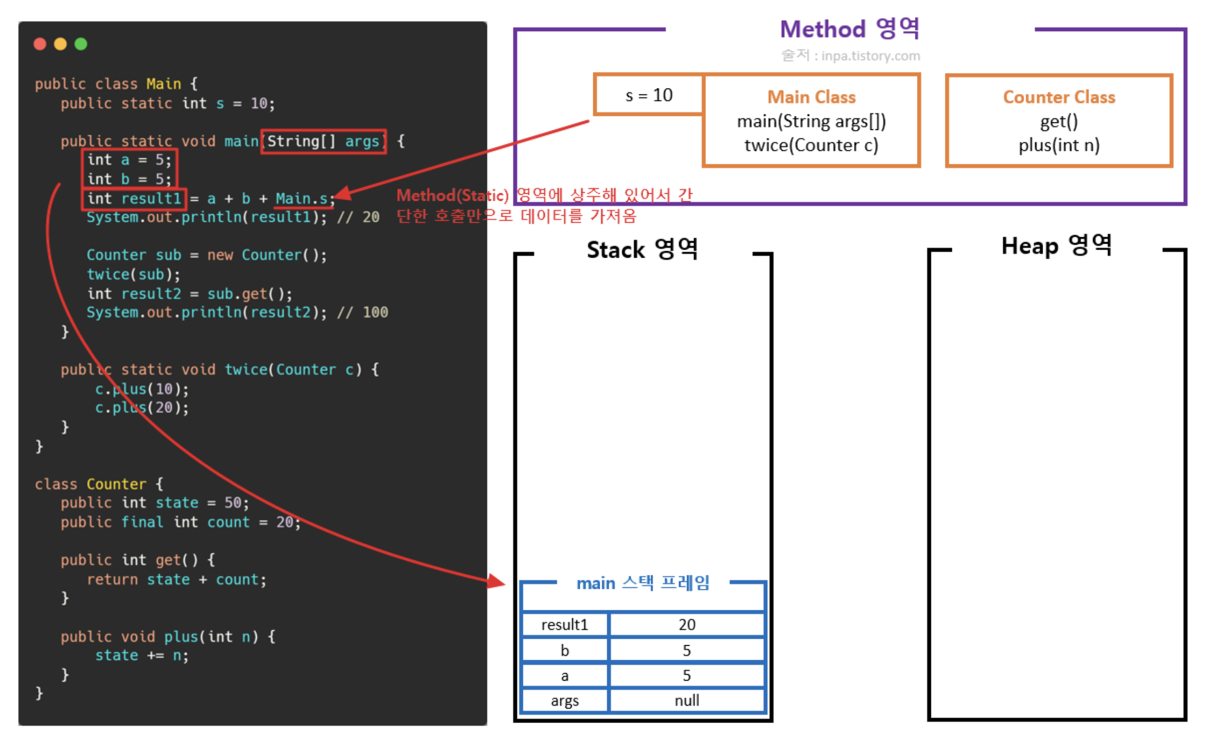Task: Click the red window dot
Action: point(40,44)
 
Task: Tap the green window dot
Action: point(81,44)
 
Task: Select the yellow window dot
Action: point(60,44)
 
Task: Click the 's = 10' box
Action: point(649,96)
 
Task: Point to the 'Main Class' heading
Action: point(811,97)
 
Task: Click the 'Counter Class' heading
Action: point(1059,97)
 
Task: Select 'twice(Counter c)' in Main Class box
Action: point(811,145)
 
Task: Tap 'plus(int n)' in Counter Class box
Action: point(1059,145)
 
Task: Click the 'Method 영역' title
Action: point(849,29)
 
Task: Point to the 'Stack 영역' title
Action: point(642,250)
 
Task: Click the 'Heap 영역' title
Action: point(1056,246)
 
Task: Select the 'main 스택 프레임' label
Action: point(643,583)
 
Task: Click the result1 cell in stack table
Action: point(565,625)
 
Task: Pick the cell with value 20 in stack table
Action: point(687,625)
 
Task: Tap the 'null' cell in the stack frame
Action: point(687,700)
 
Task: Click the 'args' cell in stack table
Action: point(565,700)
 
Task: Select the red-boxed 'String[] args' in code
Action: point(324,142)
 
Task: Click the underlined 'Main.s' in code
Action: point(302,199)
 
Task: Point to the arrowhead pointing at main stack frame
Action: point(497,581)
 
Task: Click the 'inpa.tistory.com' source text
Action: point(870,56)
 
